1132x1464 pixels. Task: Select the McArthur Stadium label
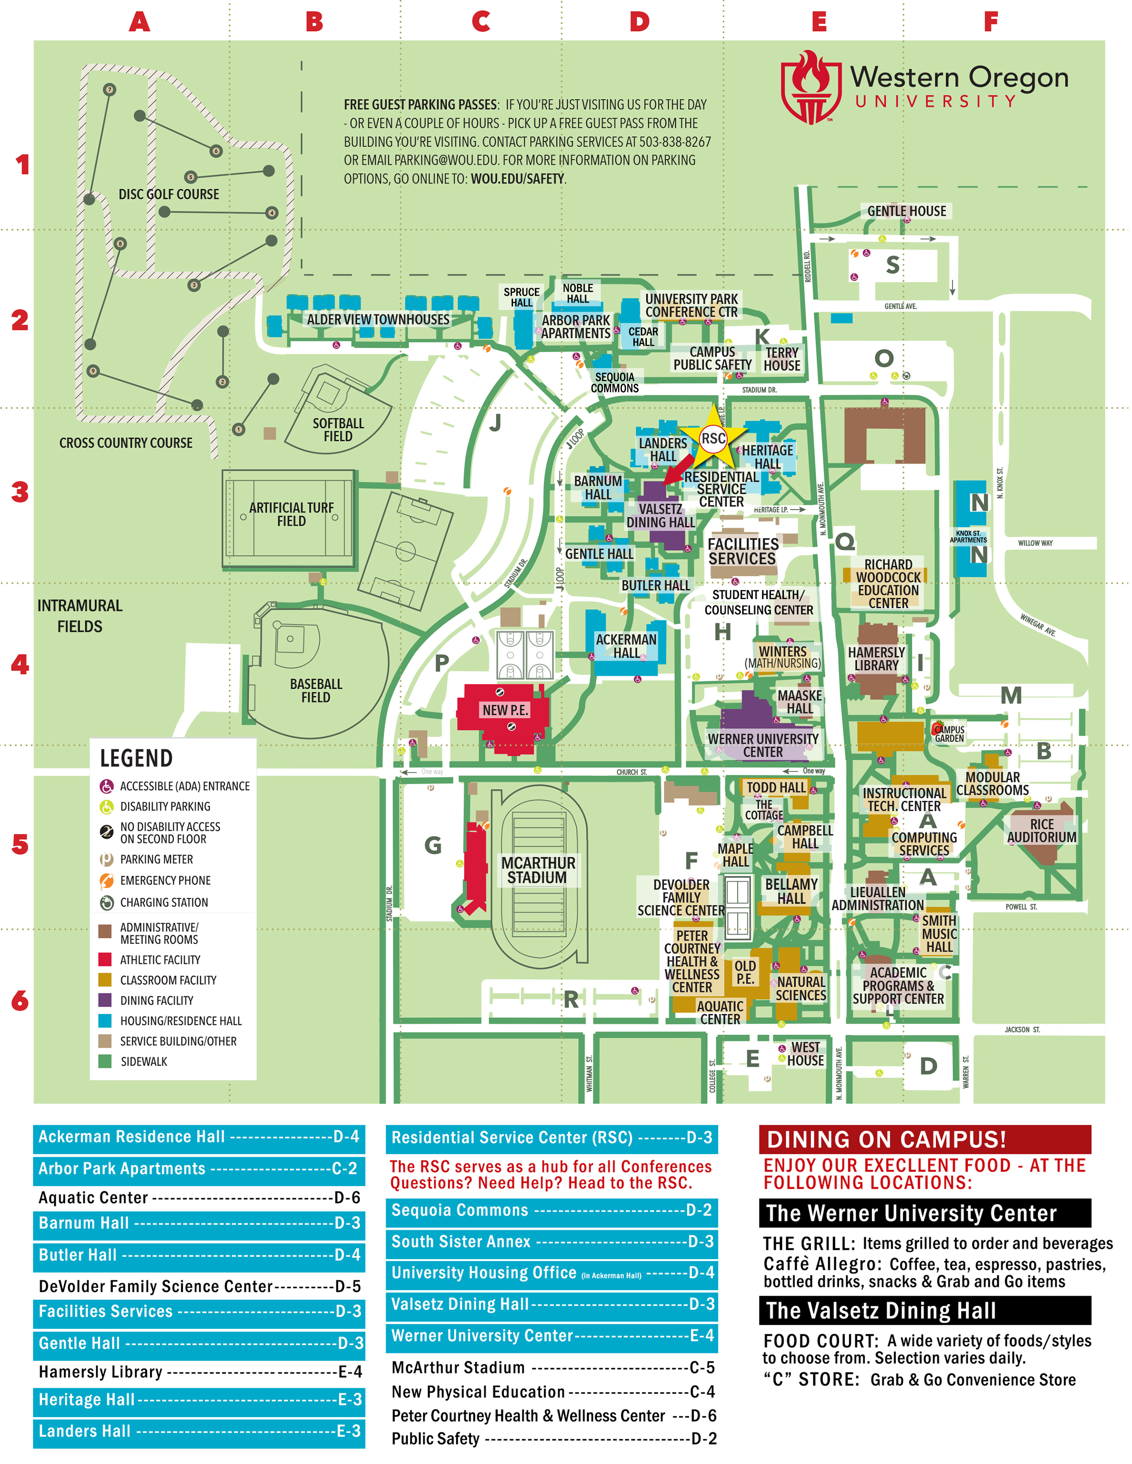click(x=538, y=870)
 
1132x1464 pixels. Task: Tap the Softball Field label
click(x=338, y=430)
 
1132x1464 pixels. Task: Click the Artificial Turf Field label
click(x=291, y=514)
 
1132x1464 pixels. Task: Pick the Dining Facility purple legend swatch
click(x=105, y=1000)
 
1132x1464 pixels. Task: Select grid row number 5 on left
click(x=20, y=844)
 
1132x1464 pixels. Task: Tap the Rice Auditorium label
click(x=1041, y=831)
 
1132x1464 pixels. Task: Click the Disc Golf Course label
click(x=169, y=194)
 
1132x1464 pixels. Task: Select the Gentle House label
click(x=906, y=211)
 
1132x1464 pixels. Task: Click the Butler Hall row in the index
click(x=199, y=1255)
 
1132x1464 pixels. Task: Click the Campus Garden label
click(x=949, y=734)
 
